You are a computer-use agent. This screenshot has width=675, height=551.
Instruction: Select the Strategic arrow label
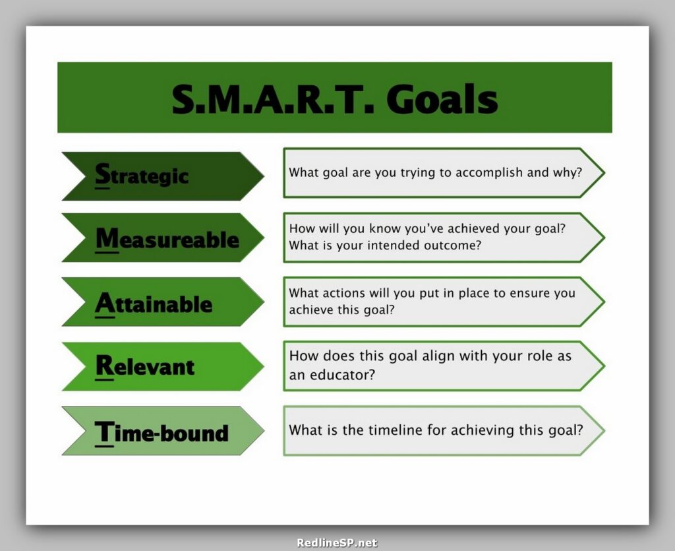click(x=142, y=176)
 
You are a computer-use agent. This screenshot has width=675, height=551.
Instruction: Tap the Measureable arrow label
click(x=167, y=239)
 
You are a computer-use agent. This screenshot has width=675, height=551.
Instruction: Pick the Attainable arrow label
click(x=154, y=304)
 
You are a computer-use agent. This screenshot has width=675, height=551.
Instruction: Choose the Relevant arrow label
click(x=145, y=366)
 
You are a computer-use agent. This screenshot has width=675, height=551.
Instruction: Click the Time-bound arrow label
click(x=161, y=432)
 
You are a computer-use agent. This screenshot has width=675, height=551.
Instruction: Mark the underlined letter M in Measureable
click(x=107, y=238)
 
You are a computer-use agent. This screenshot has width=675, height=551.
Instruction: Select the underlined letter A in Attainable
click(x=104, y=303)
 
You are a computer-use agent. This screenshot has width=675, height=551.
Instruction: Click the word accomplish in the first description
click(x=488, y=173)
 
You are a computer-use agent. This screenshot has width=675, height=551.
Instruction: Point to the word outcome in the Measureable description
click(x=456, y=245)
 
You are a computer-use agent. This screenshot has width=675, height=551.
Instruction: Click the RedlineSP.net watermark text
click(x=337, y=543)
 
